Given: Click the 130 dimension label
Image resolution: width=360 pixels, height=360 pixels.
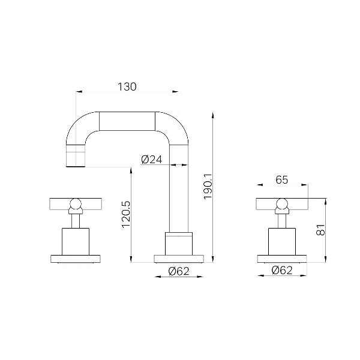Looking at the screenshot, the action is pos(127,87).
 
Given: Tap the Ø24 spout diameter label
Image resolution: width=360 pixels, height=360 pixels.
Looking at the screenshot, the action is pos(152,160).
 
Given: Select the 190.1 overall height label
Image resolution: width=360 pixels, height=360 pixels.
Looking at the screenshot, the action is pos(208,187).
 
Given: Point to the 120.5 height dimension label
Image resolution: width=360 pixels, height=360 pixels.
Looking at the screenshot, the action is pos(126,214).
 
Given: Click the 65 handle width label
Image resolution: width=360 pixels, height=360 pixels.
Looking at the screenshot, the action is pos(282,180).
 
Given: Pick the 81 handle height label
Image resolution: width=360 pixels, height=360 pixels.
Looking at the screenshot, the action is pos(321,230).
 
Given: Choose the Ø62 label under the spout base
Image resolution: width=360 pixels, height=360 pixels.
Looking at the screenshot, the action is pos(179,271).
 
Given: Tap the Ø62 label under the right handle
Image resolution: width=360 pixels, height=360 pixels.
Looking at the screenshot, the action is pos(282,270).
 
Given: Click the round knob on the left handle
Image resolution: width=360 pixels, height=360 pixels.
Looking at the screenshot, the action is pos(76,204).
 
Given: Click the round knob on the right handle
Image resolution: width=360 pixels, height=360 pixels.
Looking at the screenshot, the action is pos(282,204).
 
